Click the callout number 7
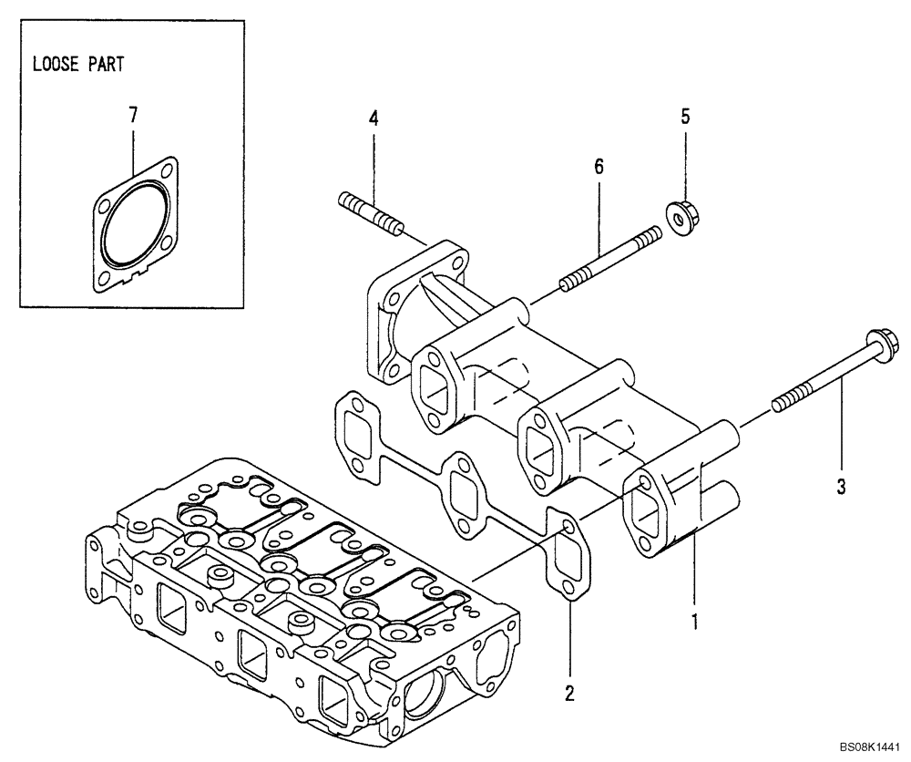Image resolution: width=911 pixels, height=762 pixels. click(133, 115)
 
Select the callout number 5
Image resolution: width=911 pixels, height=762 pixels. click(685, 116)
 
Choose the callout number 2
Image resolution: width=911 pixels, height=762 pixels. click(569, 694)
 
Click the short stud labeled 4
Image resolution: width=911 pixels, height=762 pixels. click(370, 211)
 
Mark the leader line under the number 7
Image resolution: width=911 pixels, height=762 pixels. click(134, 146)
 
